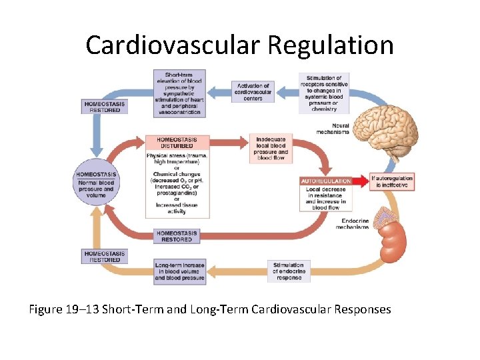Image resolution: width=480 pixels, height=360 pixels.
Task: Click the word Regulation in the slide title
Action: coord(331,45)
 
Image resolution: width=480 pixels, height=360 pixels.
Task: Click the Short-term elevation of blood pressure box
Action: coord(179,93)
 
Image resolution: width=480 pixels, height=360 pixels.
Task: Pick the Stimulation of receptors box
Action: coord(323,93)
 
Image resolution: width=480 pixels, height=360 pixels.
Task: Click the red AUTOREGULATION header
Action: coord(326,181)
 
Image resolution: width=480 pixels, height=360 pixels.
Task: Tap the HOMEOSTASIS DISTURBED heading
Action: coord(177,143)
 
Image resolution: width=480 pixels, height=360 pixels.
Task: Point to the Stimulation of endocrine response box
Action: coord(289,271)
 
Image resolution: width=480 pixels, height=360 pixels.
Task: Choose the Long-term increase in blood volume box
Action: coord(179,271)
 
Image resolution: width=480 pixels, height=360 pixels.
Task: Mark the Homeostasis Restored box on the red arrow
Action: coord(177,236)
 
